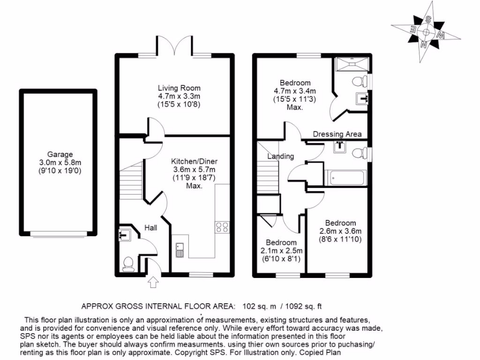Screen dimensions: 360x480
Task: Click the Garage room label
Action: pos(60,154)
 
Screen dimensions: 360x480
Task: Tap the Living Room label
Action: pos(179,88)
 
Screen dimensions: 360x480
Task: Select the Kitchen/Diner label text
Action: pos(194,161)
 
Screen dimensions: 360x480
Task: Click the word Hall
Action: pos(150,228)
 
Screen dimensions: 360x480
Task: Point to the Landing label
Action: pos(280,156)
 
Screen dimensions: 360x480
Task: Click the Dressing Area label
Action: pos(337,134)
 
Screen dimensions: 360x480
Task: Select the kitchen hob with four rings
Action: pos(222,227)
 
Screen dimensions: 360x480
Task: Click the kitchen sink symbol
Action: pos(180,250)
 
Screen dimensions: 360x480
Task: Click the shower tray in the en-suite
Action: pos(352,63)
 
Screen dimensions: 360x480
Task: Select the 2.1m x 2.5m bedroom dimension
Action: pos(281,251)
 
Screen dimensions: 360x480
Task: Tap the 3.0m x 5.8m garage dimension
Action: pos(60,163)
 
